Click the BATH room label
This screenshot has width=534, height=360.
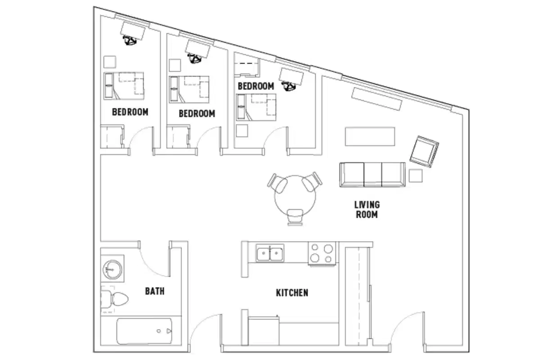pos(154,291)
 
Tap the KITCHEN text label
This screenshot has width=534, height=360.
pos(292,293)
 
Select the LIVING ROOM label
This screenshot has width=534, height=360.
pos(367,210)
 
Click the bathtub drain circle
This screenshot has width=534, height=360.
pos(159,331)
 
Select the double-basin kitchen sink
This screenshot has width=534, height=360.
pos(270,253)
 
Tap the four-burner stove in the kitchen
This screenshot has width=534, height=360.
pos(322,253)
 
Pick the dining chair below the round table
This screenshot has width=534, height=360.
pos(294,216)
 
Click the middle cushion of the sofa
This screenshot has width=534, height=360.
pos(372,175)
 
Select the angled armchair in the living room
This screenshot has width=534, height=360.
pos(424,152)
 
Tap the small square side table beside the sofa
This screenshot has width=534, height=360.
pos(416,175)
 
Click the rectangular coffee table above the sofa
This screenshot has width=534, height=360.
pos(370,136)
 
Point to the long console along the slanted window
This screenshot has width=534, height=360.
pos(376,99)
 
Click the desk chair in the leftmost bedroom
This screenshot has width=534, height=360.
pos(131,41)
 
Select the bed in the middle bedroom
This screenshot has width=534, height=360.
pos(189,88)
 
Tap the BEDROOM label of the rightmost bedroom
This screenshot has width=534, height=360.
pos(256,86)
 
